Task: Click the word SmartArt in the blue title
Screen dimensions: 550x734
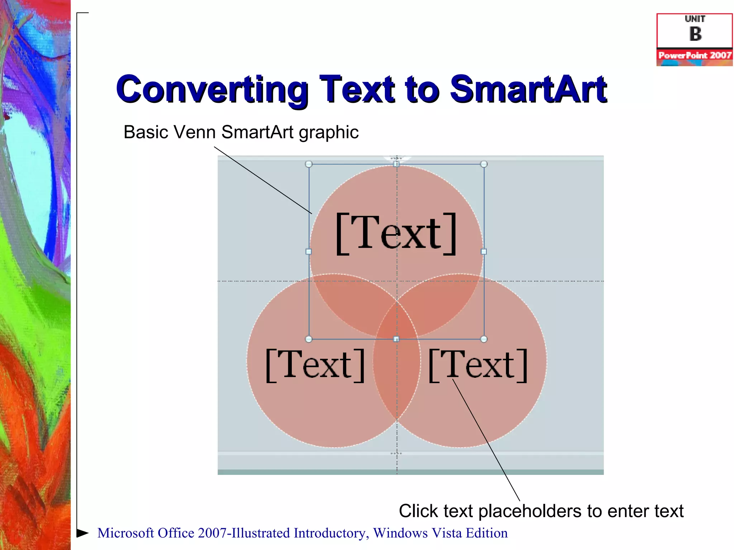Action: tap(528, 90)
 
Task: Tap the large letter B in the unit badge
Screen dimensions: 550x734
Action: tap(695, 34)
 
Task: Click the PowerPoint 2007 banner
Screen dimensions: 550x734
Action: tap(695, 56)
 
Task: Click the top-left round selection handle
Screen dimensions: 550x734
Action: tap(309, 164)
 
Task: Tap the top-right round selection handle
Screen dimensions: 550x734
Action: tap(484, 164)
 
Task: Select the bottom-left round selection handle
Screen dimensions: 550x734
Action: tap(309, 339)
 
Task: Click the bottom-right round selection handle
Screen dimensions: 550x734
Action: tap(484, 339)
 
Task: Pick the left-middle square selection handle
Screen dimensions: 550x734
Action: tap(309, 252)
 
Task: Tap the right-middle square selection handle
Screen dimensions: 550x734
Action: tap(484, 252)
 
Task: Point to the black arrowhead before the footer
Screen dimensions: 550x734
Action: tap(82, 533)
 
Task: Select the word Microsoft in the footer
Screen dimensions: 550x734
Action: tap(125, 533)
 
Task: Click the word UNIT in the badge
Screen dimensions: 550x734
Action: tap(695, 19)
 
